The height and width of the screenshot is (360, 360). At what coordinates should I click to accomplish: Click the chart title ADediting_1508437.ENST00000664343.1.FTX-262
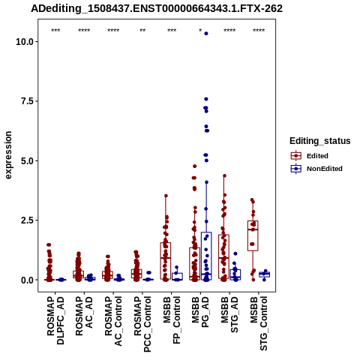pyautogui.click(x=157, y=9)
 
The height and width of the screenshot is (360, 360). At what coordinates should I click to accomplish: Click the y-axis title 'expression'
pyautogui.click(x=8, y=155)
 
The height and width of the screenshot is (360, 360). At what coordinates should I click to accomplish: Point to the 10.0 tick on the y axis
pyautogui.click(x=25, y=41)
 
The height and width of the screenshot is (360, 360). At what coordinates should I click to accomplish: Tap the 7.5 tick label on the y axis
pyautogui.click(x=28, y=101)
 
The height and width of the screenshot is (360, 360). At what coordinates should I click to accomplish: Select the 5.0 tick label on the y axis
pyautogui.click(x=28, y=160)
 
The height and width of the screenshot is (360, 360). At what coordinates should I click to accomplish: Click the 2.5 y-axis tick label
pyautogui.click(x=28, y=220)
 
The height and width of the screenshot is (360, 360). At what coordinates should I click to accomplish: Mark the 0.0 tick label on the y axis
pyautogui.click(x=28, y=280)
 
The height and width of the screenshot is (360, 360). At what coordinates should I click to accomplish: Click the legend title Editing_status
pyautogui.click(x=320, y=141)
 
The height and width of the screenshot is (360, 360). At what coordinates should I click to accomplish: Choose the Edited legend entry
pyautogui.click(x=310, y=156)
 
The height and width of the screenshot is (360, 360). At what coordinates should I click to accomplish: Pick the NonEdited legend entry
pyautogui.click(x=316, y=169)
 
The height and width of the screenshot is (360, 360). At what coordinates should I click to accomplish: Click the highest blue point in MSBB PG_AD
pyautogui.click(x=206, y=34)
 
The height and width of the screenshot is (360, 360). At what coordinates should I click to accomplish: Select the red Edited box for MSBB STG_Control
pyautogui.click(x=253, y=235)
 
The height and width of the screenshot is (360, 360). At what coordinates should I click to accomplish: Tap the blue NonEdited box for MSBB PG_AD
pyautogui.click(x=206, y=256)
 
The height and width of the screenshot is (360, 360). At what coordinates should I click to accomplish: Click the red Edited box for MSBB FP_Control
pyautogui.click(x=166, y=261)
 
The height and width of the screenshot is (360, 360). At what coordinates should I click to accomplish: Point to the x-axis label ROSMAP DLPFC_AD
pyautogui.click(x=55, y=320)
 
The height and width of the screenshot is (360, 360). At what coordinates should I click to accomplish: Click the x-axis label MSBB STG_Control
pyautogui.click(x=259, y=323)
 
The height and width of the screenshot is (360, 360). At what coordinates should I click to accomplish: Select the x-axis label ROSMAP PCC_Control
pyautogui.click(x=142, y=324)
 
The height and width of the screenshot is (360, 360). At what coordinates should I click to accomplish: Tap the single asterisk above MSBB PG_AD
pyautogui.click(x=200, y=31)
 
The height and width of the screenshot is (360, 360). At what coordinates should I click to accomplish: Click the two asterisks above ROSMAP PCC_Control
pyautogui.click(x=142, y=31)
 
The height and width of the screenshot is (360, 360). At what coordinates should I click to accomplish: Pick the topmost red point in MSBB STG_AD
pyautogui.click(x=224, y=175)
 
